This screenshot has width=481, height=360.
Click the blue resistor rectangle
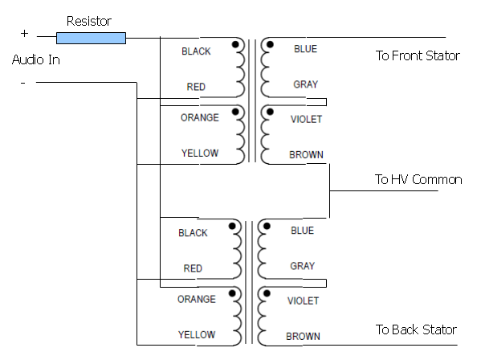tap(91, 38)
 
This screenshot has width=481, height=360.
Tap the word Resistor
tap(89, 21)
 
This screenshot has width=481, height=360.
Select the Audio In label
tap(36, 59)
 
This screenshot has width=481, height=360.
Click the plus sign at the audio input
tap(25, 33)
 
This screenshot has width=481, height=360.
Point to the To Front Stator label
tap(418, 56)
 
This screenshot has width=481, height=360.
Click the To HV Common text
tap(418, 179)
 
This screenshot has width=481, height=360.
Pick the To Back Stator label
tap(416, 329)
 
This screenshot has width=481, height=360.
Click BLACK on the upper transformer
tap(196, 51)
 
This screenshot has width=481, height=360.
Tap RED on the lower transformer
tap(193, 268)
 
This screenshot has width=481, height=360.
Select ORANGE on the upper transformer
tap(200, 117)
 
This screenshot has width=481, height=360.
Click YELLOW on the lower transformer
tap(197, 334)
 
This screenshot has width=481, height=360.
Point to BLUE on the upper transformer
tap(305, 49)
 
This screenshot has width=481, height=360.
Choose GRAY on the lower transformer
tap(303, 266)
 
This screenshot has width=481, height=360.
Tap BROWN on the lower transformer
tap(303, 337)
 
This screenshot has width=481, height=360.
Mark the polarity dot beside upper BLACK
tap(235, 44)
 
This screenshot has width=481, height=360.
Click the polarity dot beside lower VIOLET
tap(267, 293)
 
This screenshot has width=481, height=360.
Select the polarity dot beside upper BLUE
tap(270, 44)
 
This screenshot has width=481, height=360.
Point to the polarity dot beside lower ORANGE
tap(232, 293)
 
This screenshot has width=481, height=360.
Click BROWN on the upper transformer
tap(306, 154)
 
